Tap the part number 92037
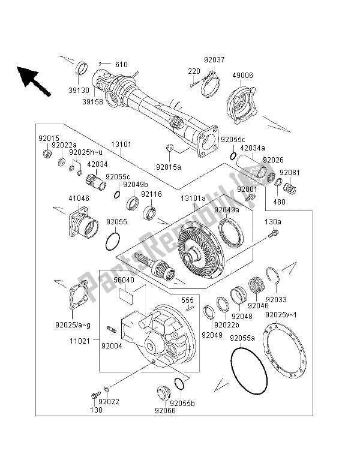pos(213,60)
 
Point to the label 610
pos(122,64)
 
